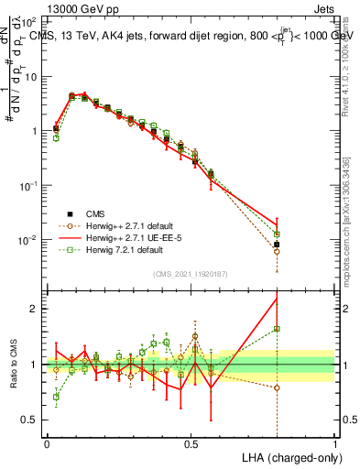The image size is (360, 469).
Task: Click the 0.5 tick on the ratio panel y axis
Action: pos(29,420)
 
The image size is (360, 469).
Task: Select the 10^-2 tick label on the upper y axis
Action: pos(27,240)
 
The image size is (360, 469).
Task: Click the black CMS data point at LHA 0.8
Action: pos(277,245)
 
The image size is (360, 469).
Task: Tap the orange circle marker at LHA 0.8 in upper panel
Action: pos(277,251)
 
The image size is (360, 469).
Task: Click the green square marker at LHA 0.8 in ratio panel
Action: pos(277,329)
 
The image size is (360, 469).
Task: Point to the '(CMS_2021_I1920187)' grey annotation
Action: pos(190,272)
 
